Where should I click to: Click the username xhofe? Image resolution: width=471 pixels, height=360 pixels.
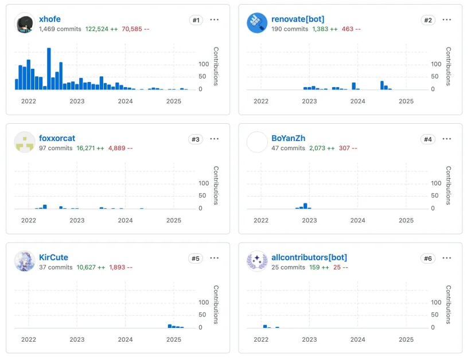click(49, 19)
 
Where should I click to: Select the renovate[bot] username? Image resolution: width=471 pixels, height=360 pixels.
click(298, 19)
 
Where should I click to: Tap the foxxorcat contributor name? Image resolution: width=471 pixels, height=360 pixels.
click(57, 138)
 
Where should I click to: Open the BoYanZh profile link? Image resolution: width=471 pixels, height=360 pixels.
click(288, 138)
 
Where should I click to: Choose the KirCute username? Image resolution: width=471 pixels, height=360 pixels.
click(53, 257)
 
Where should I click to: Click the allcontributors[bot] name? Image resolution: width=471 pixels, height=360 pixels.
click(309, 257)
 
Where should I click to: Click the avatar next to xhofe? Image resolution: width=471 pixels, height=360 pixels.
click(25, 24)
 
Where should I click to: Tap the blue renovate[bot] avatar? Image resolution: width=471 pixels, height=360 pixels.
click(257, 24)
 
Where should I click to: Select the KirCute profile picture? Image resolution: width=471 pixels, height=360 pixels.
click(25, 261)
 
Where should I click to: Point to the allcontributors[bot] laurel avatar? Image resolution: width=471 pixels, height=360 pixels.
click(257, 261)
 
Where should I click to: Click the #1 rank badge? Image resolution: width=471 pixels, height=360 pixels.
click(196, 20)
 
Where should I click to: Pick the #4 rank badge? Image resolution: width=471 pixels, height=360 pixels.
click(428, 139)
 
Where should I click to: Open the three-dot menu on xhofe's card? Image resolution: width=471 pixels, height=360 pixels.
click(215, 19)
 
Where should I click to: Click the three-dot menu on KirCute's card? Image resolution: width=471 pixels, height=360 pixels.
click(215, 258)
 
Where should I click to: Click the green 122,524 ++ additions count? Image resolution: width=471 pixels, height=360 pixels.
click(102, 29)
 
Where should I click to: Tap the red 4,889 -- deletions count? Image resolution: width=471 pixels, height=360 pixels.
click(120, 148)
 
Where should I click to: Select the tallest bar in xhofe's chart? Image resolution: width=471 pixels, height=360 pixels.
click(49, 69)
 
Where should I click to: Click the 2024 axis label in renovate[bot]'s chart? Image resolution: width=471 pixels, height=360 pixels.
click(357, 101)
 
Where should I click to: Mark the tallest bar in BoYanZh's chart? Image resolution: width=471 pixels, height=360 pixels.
click(305, 206)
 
